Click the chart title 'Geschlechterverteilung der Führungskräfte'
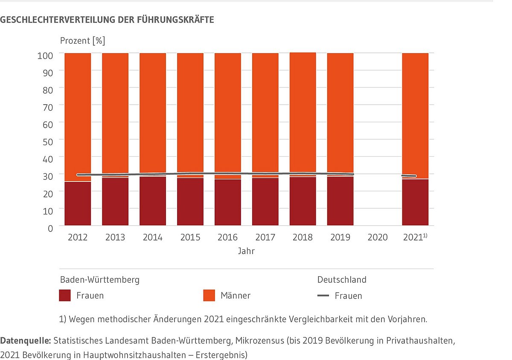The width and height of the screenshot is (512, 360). click(107, 20)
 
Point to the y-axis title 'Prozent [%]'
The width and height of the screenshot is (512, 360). click(82, 41)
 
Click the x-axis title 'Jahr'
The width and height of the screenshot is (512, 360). click(246, 251)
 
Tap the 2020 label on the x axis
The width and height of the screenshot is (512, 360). click(378, 237)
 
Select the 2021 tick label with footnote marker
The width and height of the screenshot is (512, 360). click(415, 237)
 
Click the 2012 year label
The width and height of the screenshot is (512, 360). click(78, 237)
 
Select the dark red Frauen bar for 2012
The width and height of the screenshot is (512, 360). click(78, 204)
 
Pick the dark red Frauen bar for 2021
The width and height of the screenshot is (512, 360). click(415, 202)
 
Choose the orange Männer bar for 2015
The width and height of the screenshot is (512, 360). click(190, 113)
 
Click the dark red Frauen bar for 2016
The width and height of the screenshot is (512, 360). click(228, 202)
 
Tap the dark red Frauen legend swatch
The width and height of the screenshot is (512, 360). click(65, 296)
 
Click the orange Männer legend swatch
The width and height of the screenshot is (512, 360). click(209, 296)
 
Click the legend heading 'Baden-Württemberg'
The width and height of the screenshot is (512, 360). click(99, 280)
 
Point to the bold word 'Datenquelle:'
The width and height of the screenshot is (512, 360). click(25, 341)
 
